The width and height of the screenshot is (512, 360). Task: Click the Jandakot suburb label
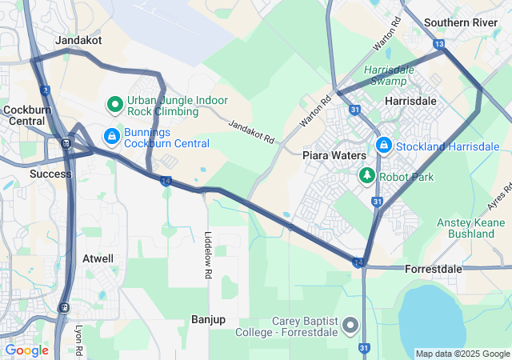78,39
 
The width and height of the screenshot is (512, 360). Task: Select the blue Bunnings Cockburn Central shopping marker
111,137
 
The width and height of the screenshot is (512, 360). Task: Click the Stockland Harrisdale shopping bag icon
383,146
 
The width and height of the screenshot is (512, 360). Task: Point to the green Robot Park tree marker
367,174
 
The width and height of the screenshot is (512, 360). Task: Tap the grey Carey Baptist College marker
350,326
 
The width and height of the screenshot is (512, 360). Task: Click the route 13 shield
438,45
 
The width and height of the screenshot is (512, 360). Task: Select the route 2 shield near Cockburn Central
44,90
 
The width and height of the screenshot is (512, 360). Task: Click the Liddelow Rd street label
208,254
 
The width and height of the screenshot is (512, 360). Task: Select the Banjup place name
208,319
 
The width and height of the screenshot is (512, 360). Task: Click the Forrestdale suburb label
434,269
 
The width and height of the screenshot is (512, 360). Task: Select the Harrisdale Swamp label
389,75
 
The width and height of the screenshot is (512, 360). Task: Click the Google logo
26,350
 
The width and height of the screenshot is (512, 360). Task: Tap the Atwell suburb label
98,258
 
